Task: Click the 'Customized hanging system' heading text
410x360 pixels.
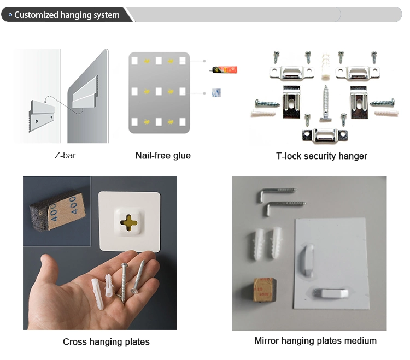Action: pos(67,15)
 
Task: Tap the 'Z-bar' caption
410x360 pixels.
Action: pos(65,156)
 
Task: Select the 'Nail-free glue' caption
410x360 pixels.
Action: pos(163,156)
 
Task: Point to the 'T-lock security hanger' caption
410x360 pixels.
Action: pos(321,156)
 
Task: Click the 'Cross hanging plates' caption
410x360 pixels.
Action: pos(106,342)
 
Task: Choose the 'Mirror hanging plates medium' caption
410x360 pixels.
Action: pos(315,341)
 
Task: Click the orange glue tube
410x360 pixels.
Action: pos(224,70)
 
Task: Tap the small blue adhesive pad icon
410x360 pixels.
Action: pos(216,92)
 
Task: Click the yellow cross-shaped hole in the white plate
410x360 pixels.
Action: pos(128,222)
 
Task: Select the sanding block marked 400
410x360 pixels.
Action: pos(58,210)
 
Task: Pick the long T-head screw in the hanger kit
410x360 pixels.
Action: pos(326,103)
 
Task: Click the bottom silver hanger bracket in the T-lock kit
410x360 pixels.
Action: pos(325,135)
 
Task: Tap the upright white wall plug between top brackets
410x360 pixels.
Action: pos(325,66)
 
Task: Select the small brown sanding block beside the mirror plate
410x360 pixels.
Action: pos(264,290)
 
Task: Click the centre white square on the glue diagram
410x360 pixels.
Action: pos(159,91)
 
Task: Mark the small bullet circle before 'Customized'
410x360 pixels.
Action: pos(10,15)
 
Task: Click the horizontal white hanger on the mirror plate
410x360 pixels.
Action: pos(331,293)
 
